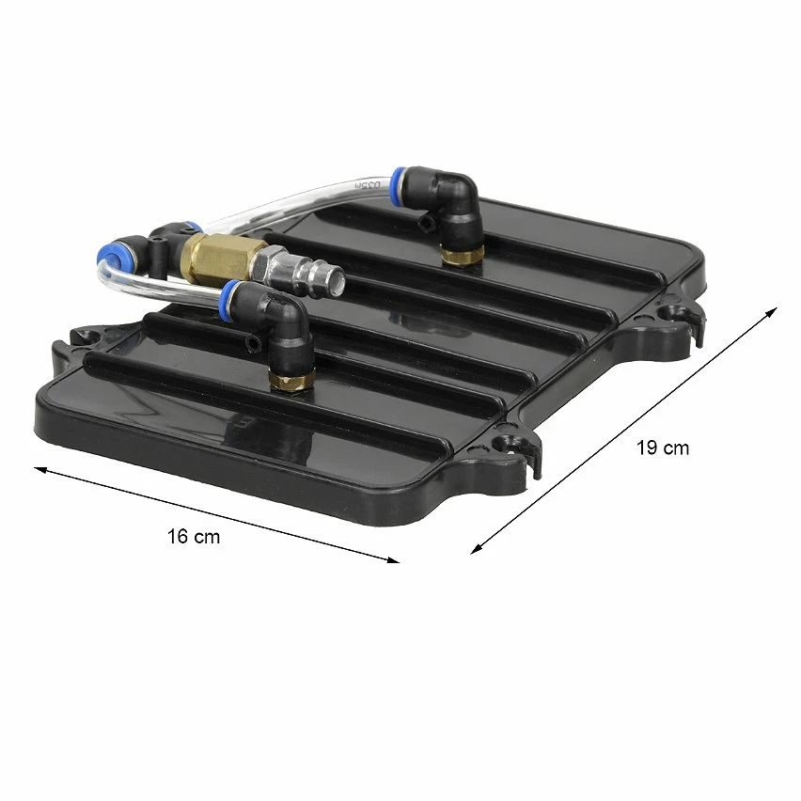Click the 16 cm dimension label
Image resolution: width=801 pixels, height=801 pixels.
pos(194,537)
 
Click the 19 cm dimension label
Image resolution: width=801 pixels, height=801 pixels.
pos(662,448)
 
